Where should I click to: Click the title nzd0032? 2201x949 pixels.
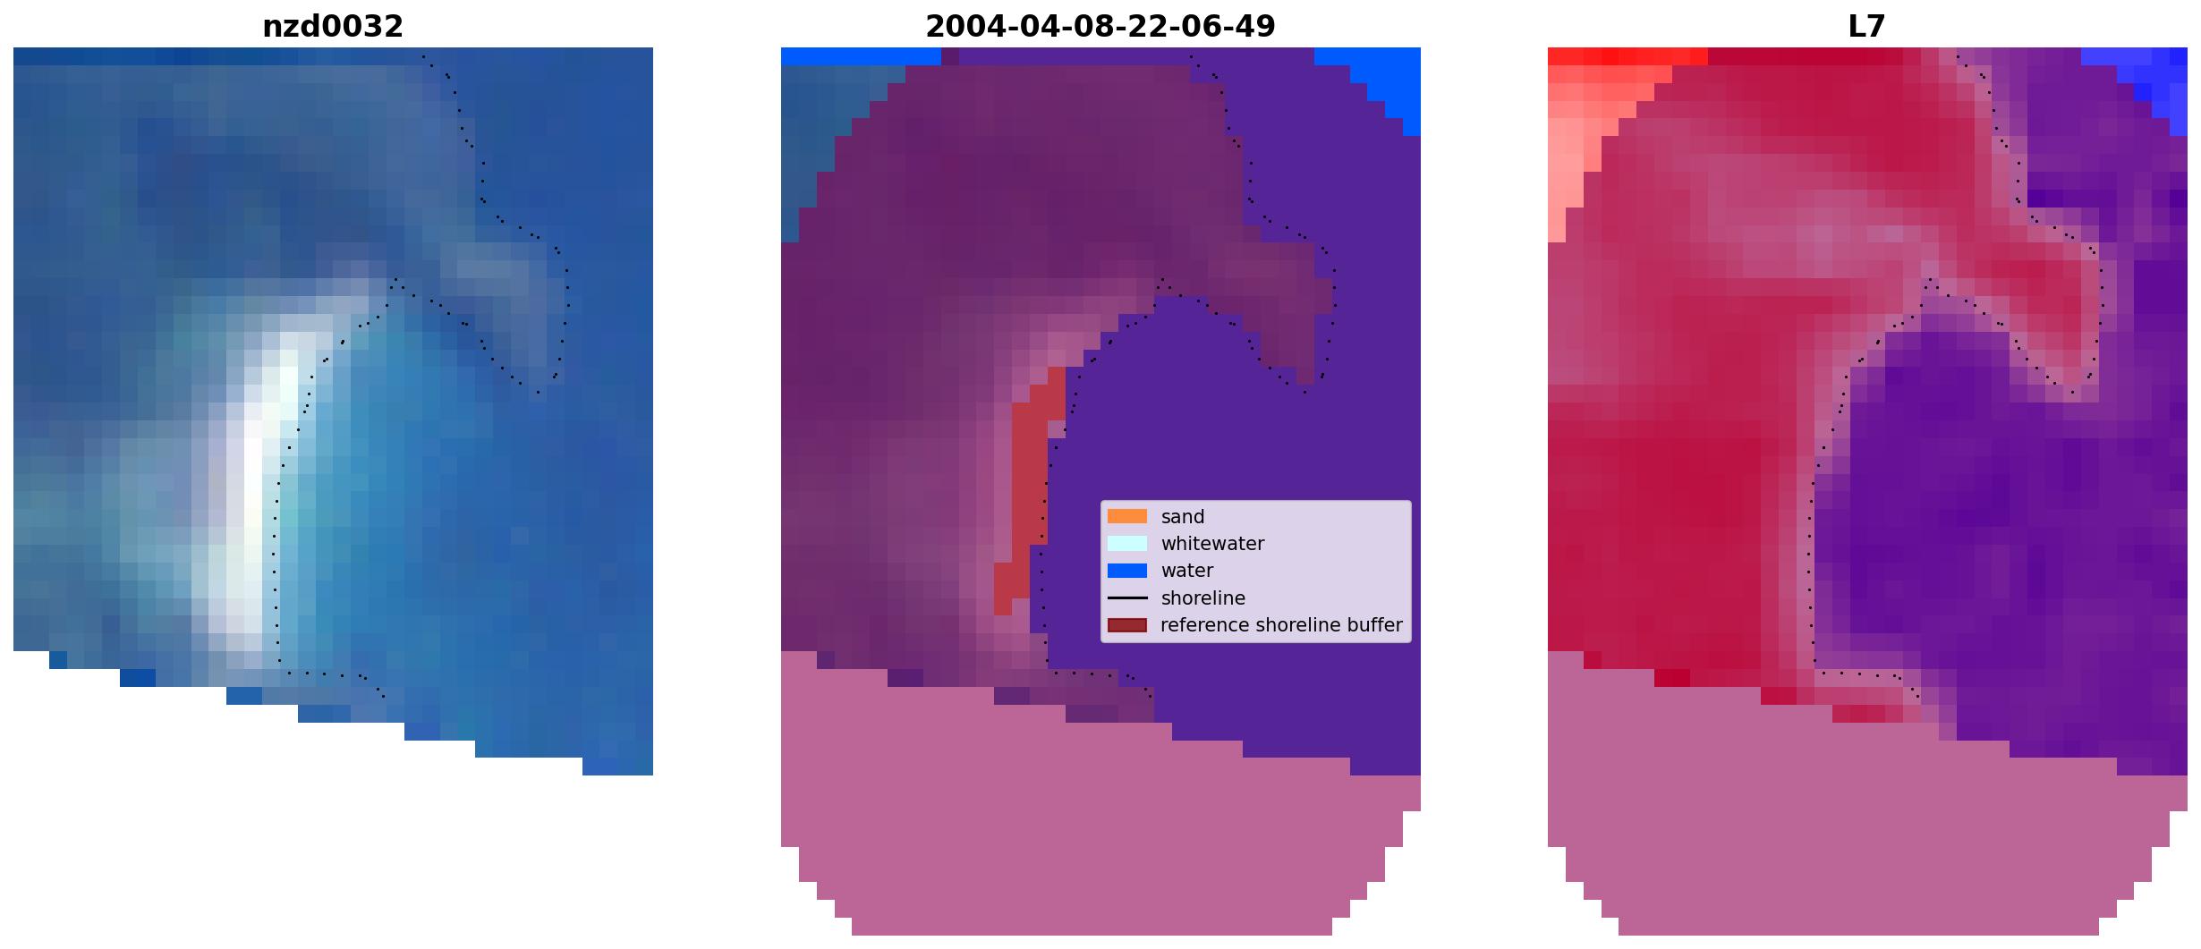(x=333, y=27)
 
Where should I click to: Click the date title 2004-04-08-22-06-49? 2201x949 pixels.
(x=1100, y=27)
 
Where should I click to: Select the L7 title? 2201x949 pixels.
(x=1867, y=27)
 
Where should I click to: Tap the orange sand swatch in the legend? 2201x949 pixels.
(x=1127, y=516)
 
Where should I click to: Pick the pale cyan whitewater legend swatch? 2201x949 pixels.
(x=1127, y=543)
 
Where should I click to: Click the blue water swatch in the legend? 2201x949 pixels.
(x=1127, y=571)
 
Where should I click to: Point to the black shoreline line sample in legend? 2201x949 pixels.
(x=1127, y=597)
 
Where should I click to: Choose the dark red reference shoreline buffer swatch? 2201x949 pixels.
(x=1127, y=625)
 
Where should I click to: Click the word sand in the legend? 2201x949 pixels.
(x=1183, y=517)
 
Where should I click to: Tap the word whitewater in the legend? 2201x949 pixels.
(x=1212, y=544)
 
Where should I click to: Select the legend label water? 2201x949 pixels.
(x=1187, y=571)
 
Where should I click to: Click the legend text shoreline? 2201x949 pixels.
(x=1203, y=598)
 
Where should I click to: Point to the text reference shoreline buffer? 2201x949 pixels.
(x=1281, y=625)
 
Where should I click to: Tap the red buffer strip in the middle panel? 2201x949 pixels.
(x=1029, y=492)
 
